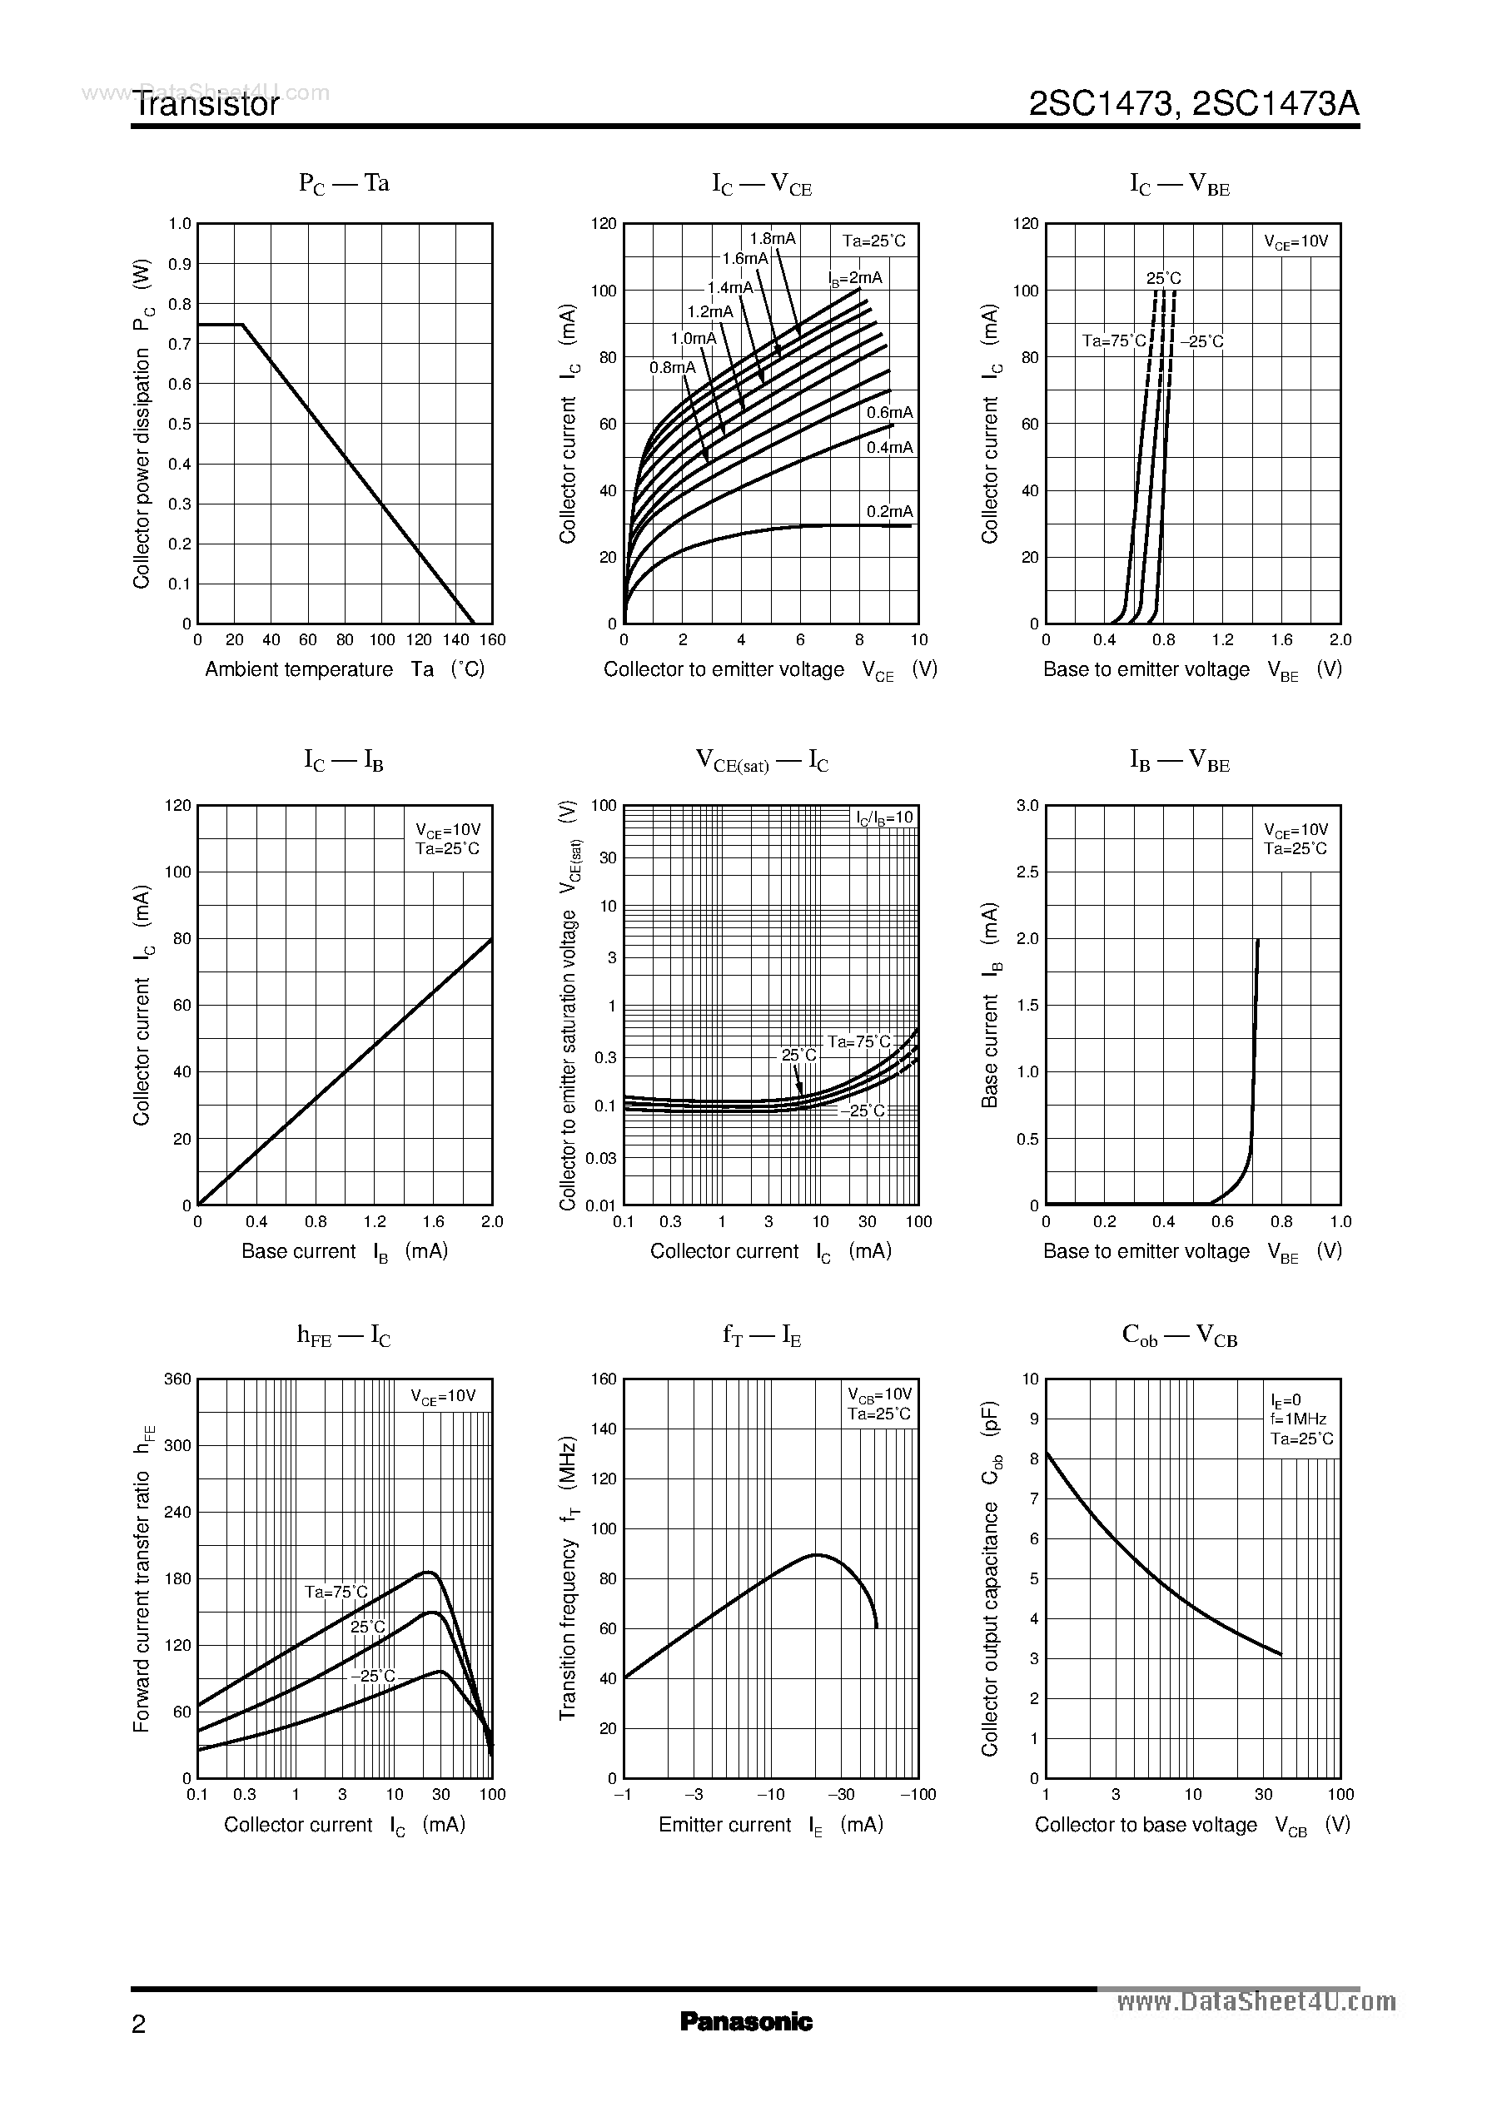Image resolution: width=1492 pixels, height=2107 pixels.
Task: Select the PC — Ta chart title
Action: (344, 184)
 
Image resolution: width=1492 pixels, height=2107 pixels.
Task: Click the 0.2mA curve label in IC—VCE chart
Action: (889, 512)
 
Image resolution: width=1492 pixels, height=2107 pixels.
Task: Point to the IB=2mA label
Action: (854, 278)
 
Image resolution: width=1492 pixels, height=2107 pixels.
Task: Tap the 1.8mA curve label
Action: (772, 239)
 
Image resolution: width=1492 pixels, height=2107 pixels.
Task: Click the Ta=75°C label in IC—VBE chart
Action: (1113, 341)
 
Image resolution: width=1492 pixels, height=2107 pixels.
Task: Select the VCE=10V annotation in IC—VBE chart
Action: (1296, 242)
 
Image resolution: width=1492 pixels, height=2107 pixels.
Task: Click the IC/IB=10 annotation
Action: (884, 818)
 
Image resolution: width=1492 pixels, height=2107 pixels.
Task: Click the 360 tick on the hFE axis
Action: (177, 1379)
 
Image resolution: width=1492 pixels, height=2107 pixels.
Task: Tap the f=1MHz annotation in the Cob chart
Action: (1298, 1419)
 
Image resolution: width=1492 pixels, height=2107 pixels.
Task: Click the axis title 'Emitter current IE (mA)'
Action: (770, 1825)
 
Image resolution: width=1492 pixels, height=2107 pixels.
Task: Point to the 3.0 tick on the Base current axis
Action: (1027, 806)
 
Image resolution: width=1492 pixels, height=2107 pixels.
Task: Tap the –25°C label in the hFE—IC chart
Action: (372, 1677)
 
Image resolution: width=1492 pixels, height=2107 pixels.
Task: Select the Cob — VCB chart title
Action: (1179, 1336)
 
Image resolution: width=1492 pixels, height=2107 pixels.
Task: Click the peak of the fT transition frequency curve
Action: (816, 1555)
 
